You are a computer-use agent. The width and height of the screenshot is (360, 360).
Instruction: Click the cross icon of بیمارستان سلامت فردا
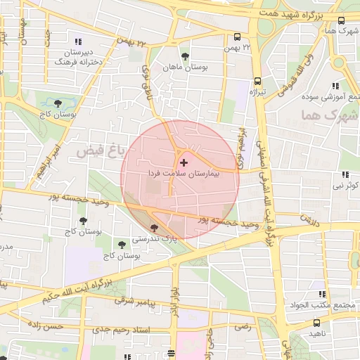click(184, 162)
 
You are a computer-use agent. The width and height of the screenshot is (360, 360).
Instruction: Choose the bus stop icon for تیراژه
click(257, 82)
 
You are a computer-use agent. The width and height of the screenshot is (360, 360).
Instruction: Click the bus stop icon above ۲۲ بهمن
click(236, 38)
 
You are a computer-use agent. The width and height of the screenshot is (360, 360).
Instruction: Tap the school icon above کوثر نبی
click(344, 174)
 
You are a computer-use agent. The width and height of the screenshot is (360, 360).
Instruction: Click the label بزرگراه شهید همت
click(310, 15)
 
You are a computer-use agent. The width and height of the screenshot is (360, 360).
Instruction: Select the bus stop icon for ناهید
click(316, 323)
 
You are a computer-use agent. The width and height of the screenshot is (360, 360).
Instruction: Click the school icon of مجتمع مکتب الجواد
click(321, 294)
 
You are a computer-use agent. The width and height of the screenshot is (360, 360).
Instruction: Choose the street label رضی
click(243, 326)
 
